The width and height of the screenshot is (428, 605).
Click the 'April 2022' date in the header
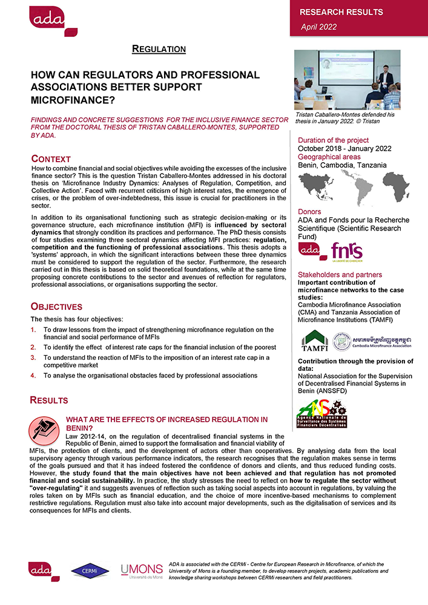click(319, 27)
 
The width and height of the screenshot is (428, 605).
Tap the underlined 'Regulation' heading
click(159, 48)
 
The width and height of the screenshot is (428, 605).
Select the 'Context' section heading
click(51, 159)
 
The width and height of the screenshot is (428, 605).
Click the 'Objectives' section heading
click(56, 307)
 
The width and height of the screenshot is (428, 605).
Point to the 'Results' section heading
click(49, 400)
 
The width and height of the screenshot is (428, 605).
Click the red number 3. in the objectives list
click(34, 358)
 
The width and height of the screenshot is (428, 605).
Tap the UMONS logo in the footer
click(141, 570)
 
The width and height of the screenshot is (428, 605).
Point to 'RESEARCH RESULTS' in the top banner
click(341, 12)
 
